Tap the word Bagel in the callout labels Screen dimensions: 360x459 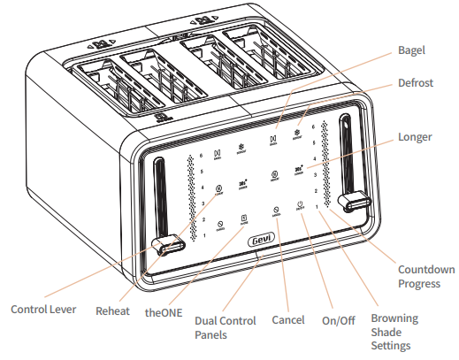(x=413, y=51)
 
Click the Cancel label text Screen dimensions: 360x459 (x=289, y=319)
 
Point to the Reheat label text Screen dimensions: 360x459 (x=112, y=311)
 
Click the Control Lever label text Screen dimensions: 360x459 (x=43, y=310)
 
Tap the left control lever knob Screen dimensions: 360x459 (x=164, y=244)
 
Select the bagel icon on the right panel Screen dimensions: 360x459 (x=272, y=139)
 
